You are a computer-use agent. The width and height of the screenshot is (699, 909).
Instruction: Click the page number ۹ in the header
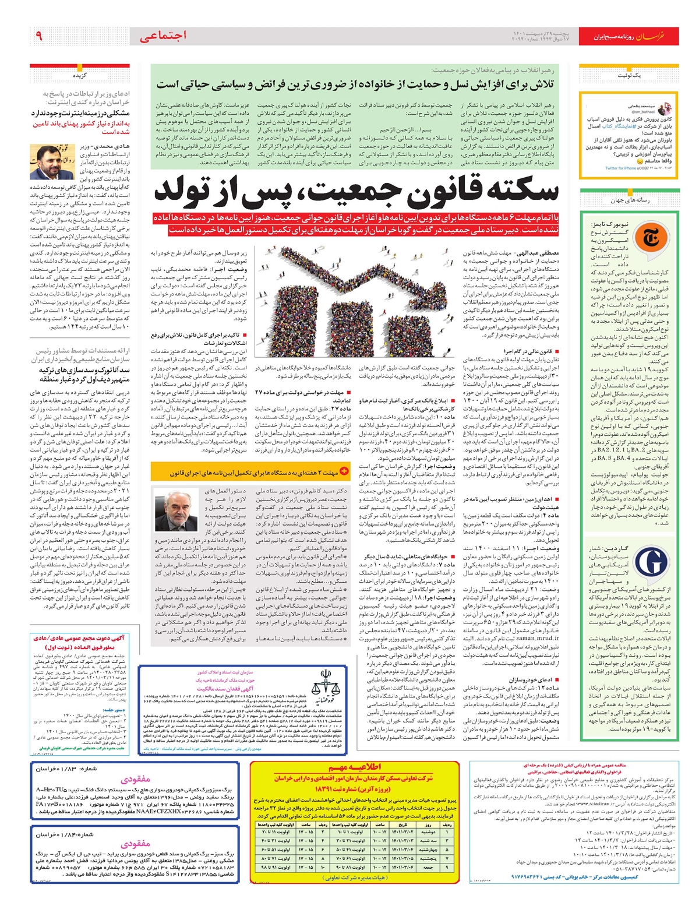38,36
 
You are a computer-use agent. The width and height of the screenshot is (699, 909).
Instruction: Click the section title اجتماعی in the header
163,36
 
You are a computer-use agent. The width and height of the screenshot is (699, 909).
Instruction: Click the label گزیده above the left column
80,76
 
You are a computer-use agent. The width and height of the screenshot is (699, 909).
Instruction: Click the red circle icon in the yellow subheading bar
344,471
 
